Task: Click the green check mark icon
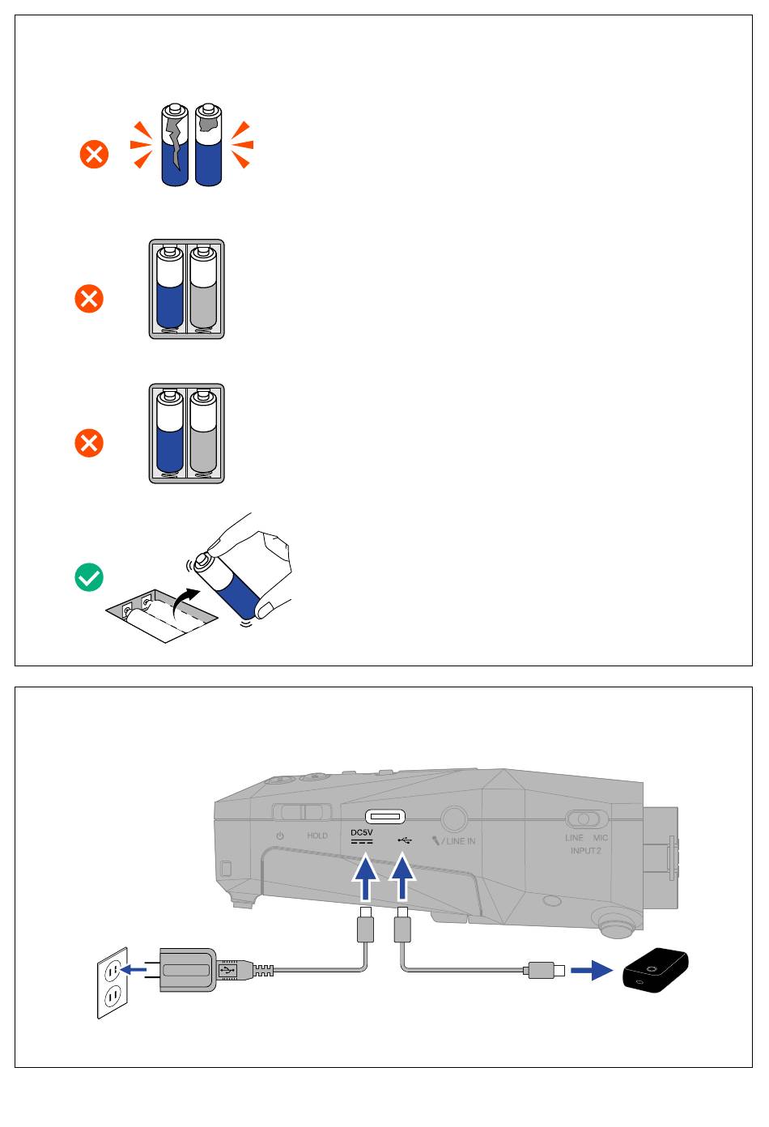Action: (x=89, y=577)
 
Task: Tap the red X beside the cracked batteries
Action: (x=94, y=154)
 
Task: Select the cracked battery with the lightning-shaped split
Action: (x=175, y=145)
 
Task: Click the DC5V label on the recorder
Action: (x=362, y=832)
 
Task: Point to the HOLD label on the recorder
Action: (x=317, y=836)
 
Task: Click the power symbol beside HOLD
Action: (x=280, y=836)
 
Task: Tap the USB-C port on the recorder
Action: (x=384, y=816)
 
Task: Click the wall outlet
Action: (x=113, y=983)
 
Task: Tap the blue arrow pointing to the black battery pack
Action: (x=592, y=970)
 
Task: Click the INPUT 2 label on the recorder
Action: (x=585, y=851)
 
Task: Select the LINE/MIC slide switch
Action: (x=585, y=819)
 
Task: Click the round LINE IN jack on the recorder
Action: (x=454, y=819)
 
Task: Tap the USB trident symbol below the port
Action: (x=405, y=840)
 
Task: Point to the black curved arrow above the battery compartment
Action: (x=185, y=601)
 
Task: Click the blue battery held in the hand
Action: (x=230, y=585)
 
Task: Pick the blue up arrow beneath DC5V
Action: (x=365, y=878)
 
